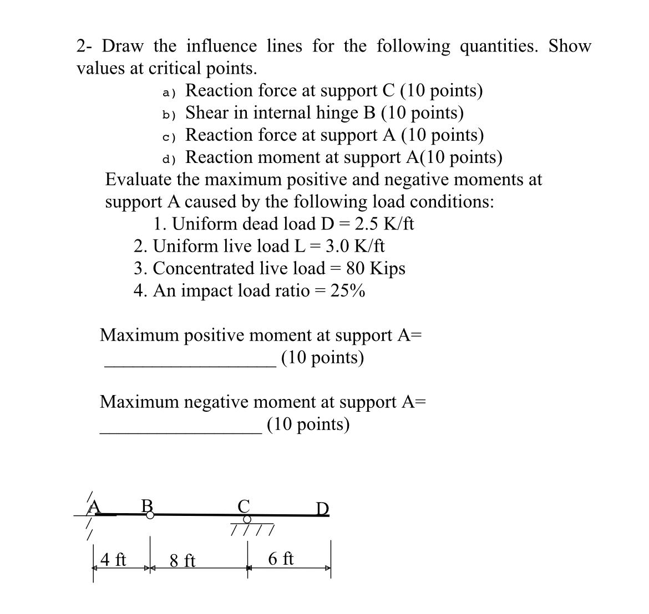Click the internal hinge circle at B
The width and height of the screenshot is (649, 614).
tap(150, 515)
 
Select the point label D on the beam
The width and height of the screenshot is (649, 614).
tap(322, 508)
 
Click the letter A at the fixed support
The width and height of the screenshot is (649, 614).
tap(95, 506)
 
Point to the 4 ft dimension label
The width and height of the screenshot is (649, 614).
tap(114, 560)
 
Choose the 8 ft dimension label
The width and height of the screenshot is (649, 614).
tap(182, 561)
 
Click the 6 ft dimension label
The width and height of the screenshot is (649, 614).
tap(281, 559)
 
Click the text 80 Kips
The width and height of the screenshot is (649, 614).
tap(376, 268)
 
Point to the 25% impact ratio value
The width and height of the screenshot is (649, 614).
tap(347, 290)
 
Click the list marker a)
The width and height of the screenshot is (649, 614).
tap(169, 92)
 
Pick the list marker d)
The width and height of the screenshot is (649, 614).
tap(169, 159)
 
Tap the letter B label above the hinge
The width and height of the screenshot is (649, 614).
tap(147, 505)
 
